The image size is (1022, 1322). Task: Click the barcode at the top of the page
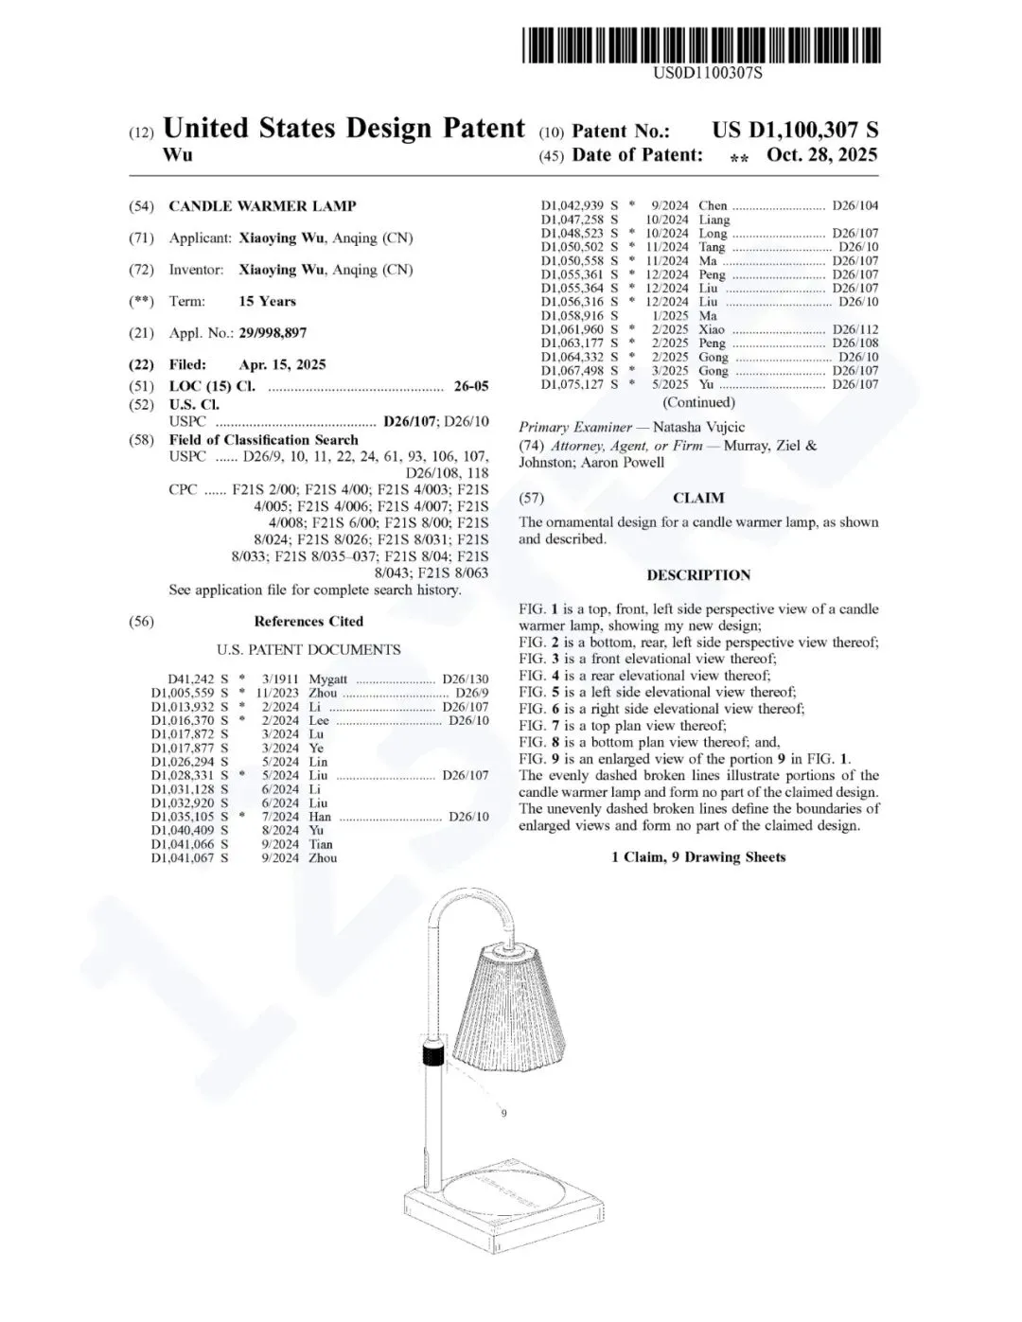701,45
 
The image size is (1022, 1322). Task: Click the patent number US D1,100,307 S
795,131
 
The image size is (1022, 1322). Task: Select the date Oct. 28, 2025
821,155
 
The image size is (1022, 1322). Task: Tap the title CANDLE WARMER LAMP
262,206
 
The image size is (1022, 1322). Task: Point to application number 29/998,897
273,333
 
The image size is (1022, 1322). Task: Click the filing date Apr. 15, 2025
282,365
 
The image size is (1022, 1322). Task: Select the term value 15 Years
267,302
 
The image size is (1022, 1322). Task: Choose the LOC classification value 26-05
471,386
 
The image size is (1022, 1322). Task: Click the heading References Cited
308,622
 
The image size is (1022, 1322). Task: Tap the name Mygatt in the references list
327,679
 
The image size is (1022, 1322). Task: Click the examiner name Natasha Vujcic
698,428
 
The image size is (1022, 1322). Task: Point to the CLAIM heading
698,499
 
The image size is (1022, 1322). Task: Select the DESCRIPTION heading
698,575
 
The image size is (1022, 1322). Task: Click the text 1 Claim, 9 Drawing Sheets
698,857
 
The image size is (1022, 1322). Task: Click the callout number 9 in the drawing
503,1114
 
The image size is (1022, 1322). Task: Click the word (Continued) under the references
698,403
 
